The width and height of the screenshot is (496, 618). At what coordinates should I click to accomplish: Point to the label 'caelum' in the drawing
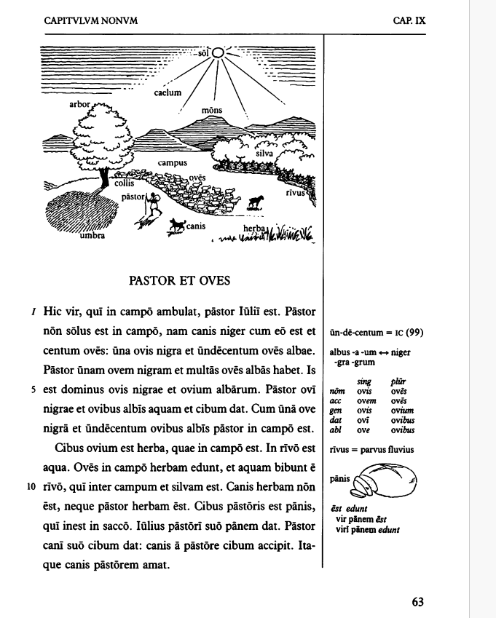click(x=167, y=93)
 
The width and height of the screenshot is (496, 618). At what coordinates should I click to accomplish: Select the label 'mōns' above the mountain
click(x=212, y=111)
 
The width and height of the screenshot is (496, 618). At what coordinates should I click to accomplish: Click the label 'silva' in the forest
click(x=264, y=154)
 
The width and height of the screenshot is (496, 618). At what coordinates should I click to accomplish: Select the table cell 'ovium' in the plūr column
click(x=399, y=410)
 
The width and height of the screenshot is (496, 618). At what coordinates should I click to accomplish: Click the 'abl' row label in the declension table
click(x=336, y=429)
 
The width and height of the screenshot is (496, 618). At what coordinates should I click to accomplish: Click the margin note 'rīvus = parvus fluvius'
click(x=371, y=450)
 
